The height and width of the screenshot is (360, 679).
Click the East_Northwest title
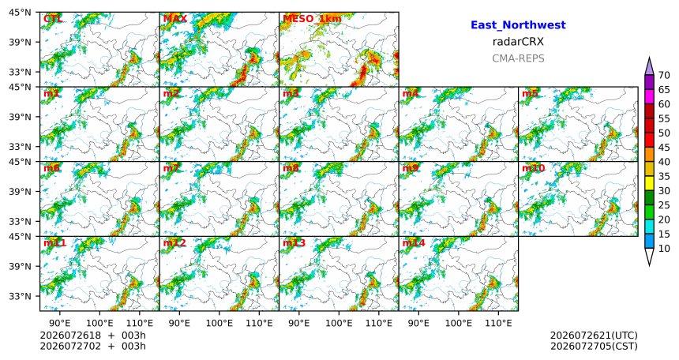coord(518,25)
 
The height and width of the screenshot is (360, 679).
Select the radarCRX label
coord(518,42)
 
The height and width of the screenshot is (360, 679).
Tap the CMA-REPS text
coord(518,58)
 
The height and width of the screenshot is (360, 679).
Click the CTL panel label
coord(52,19)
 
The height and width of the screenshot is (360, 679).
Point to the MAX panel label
coord(175,19)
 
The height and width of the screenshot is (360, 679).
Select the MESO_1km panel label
coord(312,19)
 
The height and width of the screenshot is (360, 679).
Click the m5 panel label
coord(530,93)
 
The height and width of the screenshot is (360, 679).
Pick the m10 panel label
coord(533,168)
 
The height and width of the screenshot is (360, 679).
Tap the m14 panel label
coord(414,243)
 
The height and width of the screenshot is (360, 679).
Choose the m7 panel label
coord(171,168)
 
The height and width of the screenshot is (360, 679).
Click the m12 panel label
coord(174,243)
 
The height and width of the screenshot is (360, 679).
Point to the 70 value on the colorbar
coord(664,75)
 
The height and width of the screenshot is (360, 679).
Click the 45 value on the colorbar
coord(664,148)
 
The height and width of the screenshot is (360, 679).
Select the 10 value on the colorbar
coord(664,248)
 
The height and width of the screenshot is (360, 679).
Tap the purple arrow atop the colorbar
coord(649,66)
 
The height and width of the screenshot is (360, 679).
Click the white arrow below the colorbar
coord(649,257)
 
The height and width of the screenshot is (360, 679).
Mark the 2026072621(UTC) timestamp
coord(594,336)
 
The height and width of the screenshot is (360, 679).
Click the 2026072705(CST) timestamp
coord(594,346)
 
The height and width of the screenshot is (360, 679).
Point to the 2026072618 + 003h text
coord(92,336)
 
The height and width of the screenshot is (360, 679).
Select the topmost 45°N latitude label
coord(20,12)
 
